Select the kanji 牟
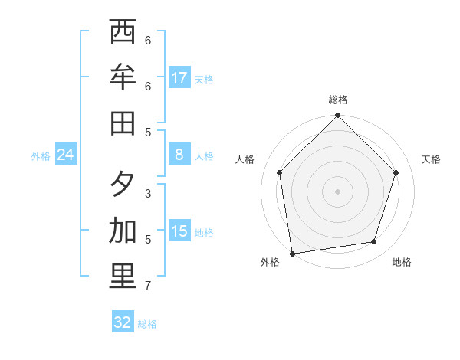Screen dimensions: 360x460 click(123, 77)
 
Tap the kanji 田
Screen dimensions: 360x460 click(123, 123)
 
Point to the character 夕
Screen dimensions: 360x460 click(123, 185)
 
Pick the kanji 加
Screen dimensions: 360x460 click(123, 231)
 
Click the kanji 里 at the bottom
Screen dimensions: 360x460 click(123, 277)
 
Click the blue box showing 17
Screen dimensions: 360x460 click(179, 77)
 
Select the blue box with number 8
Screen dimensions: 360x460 click(179, 155)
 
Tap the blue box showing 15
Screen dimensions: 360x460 click(179, 231)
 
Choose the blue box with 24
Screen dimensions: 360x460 click(66, 155)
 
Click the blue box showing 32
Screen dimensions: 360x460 click(123, 322)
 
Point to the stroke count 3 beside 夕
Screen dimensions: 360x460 click(148, 194)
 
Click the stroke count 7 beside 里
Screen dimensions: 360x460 click(148, 286)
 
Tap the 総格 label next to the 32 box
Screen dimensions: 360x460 click(147, 324)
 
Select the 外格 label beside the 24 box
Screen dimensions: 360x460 click(41, 156)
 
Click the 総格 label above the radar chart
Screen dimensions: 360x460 click(338, 100)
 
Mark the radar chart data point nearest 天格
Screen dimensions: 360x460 click(396, 172)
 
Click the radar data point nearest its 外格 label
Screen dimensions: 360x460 click(292, 253)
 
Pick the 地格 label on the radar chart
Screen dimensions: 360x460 click(402, 263)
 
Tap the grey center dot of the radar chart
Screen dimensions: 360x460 click(338, 191)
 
